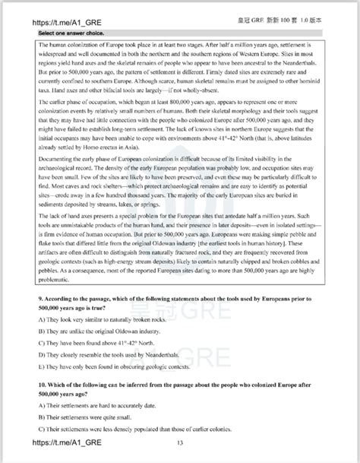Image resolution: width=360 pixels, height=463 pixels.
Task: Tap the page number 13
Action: click(180, 444)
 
